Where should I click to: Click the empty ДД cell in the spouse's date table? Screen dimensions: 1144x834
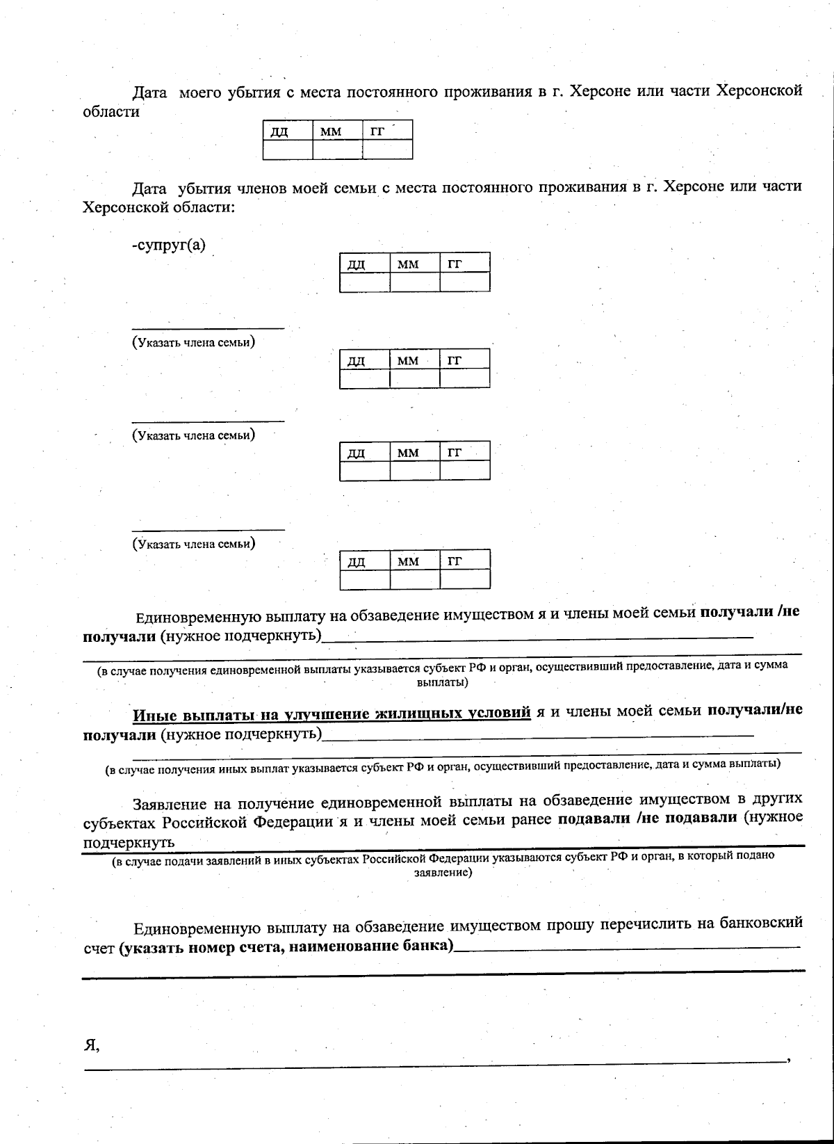point(365,282)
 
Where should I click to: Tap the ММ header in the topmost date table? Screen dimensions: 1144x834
point(337,130)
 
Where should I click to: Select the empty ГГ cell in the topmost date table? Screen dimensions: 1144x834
point(387,150)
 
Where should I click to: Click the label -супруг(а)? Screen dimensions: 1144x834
point(169,245)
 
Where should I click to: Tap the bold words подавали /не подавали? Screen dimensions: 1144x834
point(647,818)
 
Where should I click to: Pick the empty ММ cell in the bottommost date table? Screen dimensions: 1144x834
point(415,579)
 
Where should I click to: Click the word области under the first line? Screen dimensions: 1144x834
point(111,112)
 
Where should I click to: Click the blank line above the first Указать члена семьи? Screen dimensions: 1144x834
point(208,327)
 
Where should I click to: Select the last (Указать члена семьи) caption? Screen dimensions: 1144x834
point(194,544)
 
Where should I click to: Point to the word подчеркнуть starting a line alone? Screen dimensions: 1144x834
point(129,842)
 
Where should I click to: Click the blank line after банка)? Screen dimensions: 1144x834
point(625,947)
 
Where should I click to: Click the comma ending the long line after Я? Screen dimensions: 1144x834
point(788,1059)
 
